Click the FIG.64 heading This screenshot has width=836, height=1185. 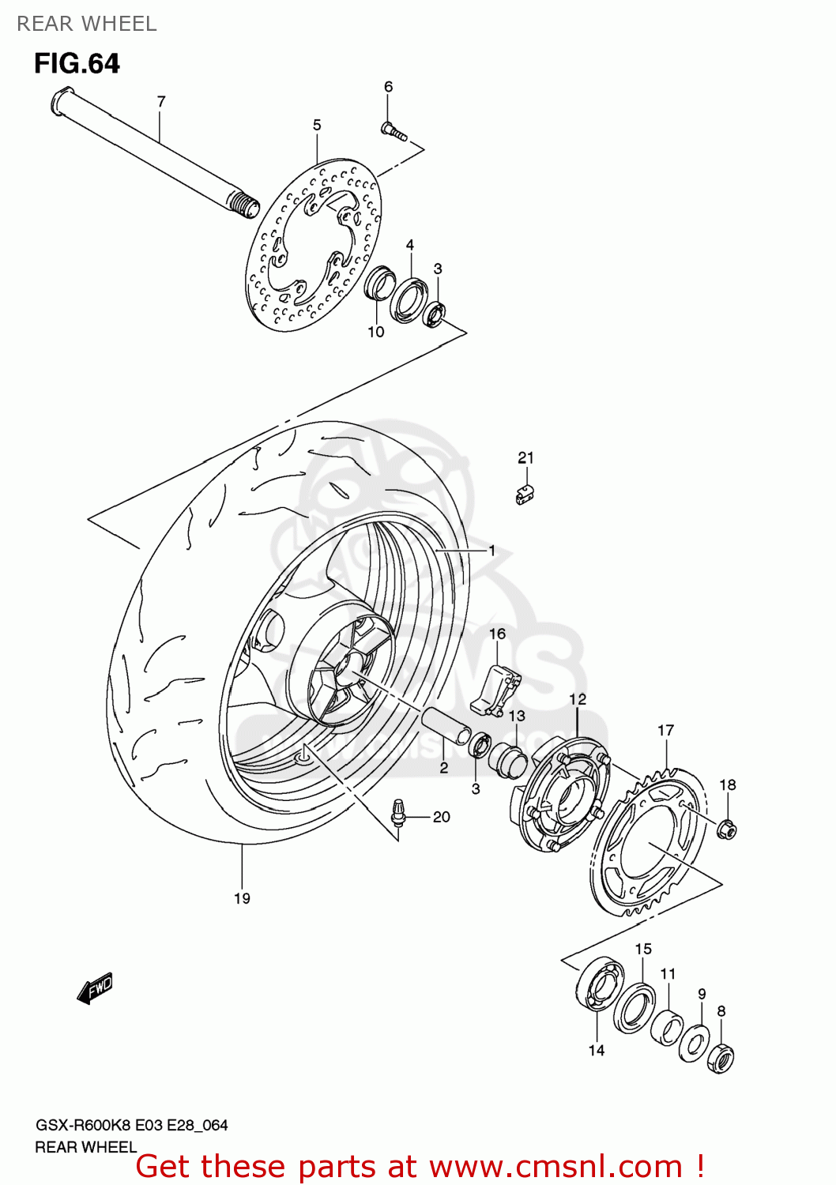click(x=77, y=63)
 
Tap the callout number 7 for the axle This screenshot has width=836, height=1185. click(x=161, y=101)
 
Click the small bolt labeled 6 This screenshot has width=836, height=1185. click(x=393, y=132)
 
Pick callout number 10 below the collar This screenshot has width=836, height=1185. click(x=375, y=332)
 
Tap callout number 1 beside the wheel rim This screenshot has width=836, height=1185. click(x=491, y=550)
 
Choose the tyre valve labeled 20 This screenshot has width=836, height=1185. click(x=400, y=813)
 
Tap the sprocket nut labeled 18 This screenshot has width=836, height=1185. click(x=727, y=829)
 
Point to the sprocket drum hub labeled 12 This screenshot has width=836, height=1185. click(x=561, y=795)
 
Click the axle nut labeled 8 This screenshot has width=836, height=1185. click(x=721, y=1056)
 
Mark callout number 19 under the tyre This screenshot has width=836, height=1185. click(x=242, y=898)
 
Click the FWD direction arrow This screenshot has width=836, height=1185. click(x=95, y=988)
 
